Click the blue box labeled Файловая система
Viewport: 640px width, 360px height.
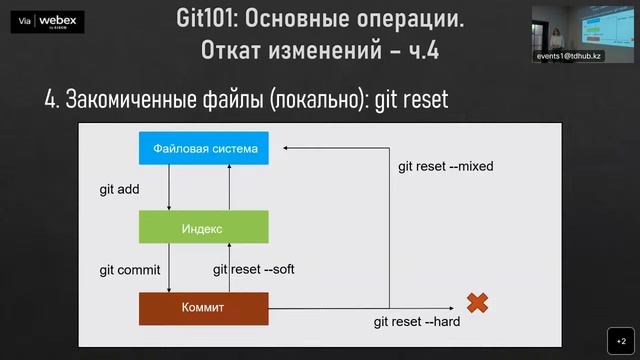[205, 150]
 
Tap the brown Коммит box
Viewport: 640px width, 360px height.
[203, 308]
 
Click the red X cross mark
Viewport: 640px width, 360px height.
[477, 301]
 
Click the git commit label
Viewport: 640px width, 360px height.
[129, 269]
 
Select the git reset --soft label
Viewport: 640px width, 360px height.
[254, 269]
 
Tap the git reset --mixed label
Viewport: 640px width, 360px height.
[446, 166]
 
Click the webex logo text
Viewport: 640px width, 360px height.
[58, 18]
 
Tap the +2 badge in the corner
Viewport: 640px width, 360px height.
[620, 340]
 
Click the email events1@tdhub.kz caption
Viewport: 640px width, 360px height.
[569, 57]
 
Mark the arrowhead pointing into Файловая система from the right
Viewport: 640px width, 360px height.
[286, 149]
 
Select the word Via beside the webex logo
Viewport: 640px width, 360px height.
[25, 19]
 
